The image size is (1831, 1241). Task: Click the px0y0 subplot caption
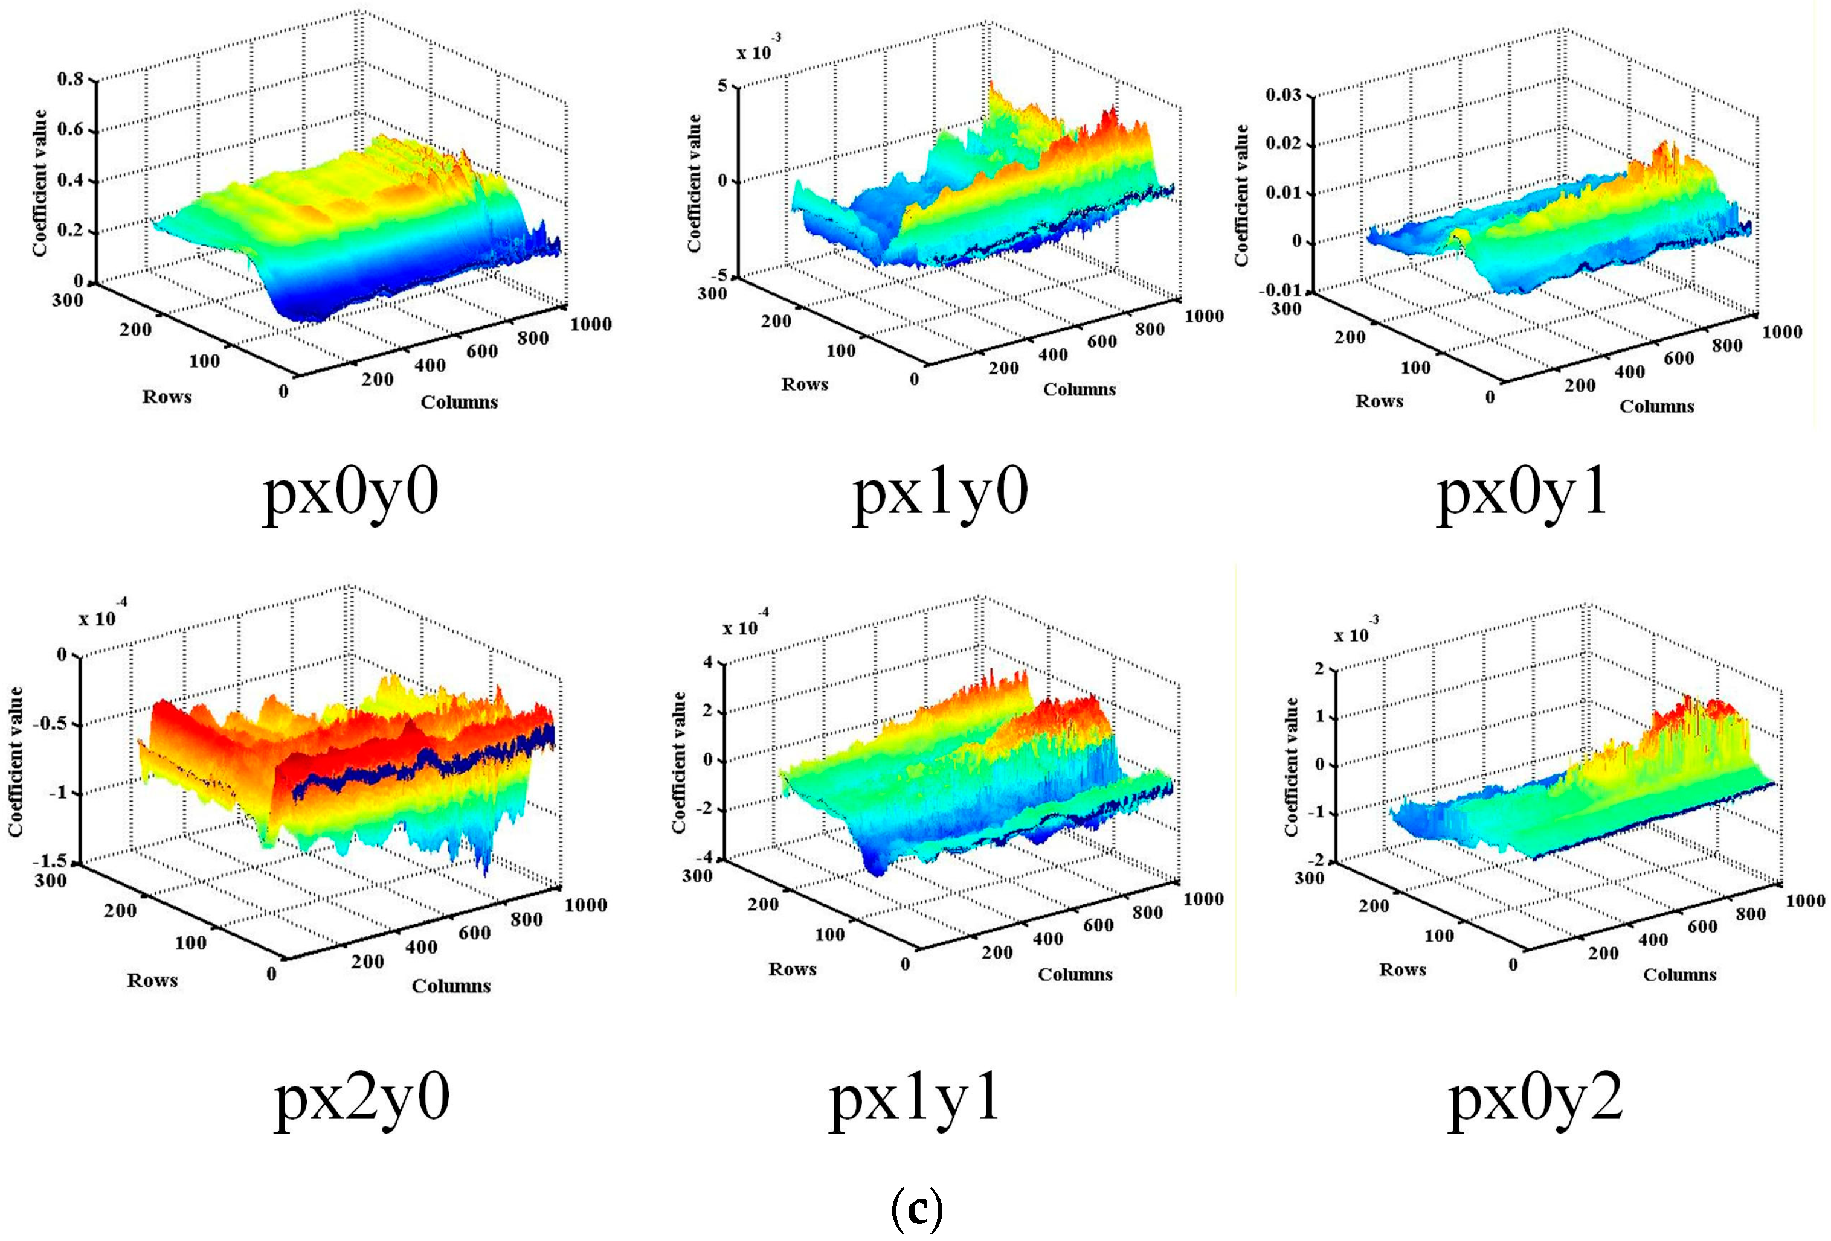pos(350,494)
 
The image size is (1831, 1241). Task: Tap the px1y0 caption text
pos(941,494)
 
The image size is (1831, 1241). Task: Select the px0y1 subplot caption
pos(1522,494)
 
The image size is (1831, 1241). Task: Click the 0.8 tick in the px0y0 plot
pos(70,80)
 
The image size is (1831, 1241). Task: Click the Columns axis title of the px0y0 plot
pos(459,403)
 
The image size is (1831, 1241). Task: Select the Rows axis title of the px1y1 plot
pos(793,969)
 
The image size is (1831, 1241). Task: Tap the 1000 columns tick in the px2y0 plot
pos(585,905)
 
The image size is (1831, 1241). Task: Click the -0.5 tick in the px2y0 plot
pos(50,724)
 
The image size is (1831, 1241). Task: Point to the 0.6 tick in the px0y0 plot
pos(70,129)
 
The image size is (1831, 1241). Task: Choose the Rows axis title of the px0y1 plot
pos(1380,401)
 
